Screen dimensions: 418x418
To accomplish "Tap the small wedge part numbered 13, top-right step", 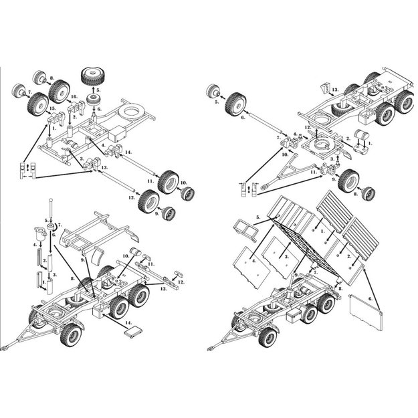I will [x=326, y=86].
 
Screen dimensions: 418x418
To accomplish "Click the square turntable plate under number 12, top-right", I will [x=322, y=146].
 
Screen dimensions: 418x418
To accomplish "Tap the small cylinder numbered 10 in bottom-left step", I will [x=136, y=253].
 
